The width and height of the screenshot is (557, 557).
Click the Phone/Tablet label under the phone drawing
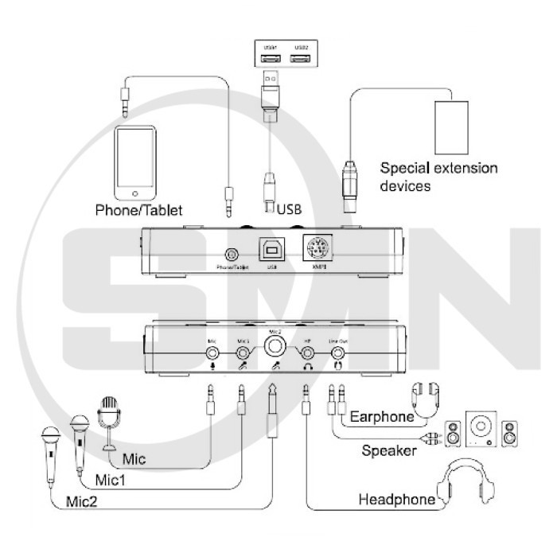pos(139,211)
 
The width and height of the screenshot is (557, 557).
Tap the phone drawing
pos(139,162)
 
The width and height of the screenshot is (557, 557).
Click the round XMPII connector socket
pos(319,249)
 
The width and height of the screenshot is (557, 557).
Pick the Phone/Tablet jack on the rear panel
pos(232,254)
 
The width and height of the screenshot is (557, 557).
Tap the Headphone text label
pos(396,500)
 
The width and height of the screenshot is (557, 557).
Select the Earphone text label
pos(381,416)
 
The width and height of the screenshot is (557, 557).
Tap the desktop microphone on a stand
pos(108,418)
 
